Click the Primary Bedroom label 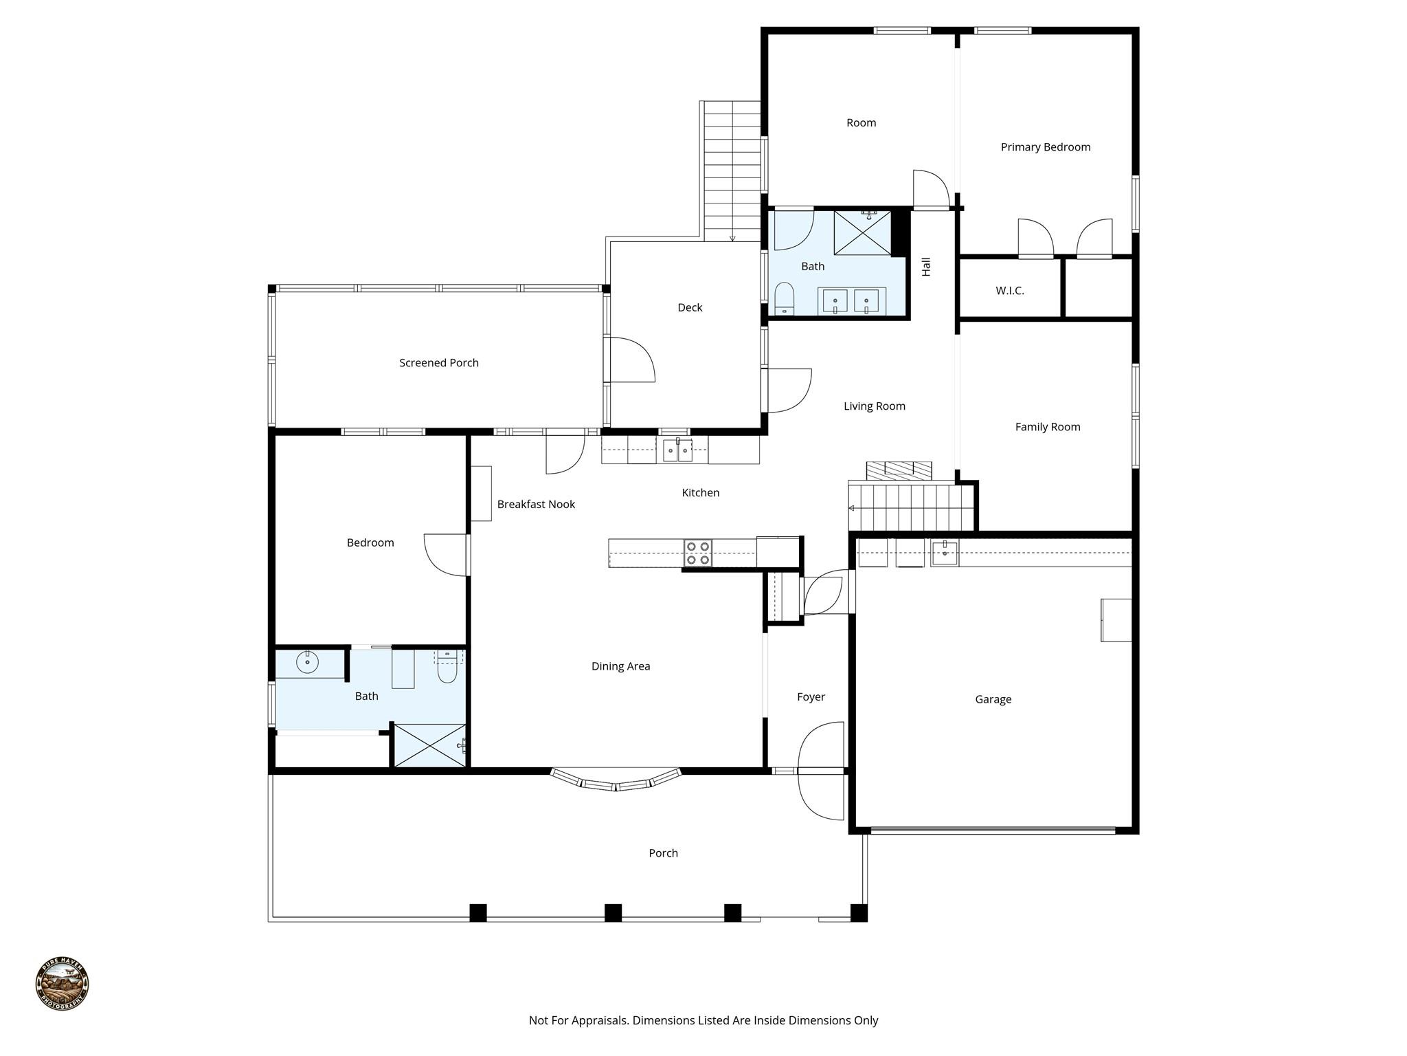pyautogui.click(x=1045, y=147)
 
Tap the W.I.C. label pyautogui.click(x=1009, y=291)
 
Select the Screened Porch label pyautogui.click(x=438, y=363)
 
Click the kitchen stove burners pyautogui.click(x=697, y=553)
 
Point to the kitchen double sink pyautogui.click(x=677, y=451)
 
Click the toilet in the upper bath pyautogui.click(x=784, y=299)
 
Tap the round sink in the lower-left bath pyautogui.click(x=307, y=663)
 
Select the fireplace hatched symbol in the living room pyautogui.click(x=899, y=471)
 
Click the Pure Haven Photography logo pyautogui.click(x=62, y=983)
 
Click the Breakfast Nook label pyautogui.click(x=536, y=505)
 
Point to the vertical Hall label pyautogui.click(x=926, y=267)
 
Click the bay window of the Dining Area pyautogui.click(x=616, y=782)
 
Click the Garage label pyautogui.click(x=993, y=700)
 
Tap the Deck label pyautogui.click(x=690, y=308)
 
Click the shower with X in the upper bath pyautogui.click(x=862, y=233)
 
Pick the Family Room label pyautogui.click(x=1047, y=427)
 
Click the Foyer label pyautogui.click(x=811, y=697)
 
